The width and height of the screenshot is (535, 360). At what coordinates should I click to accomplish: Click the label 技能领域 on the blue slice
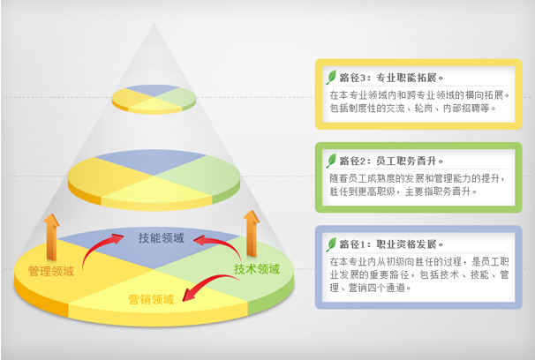coord(161,238)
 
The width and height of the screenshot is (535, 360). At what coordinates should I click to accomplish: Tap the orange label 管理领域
coord(51,272)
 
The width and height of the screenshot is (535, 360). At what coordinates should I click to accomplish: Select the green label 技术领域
coord(257,269)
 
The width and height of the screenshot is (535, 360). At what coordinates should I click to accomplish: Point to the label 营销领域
coord(151,299)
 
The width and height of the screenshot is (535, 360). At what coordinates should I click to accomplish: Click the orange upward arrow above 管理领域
coord(51,237)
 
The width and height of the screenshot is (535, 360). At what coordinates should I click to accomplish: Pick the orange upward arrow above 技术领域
coord(252,233)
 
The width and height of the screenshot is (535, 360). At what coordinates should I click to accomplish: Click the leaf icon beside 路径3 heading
coord(331,78)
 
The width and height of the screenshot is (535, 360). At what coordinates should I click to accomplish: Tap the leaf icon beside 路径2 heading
coord(331,161)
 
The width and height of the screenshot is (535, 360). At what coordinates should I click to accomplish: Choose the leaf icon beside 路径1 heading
coord(331,244)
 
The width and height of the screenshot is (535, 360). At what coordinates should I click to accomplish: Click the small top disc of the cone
coord(154,99)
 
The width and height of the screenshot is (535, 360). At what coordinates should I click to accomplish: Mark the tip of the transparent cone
coord(154,23)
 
